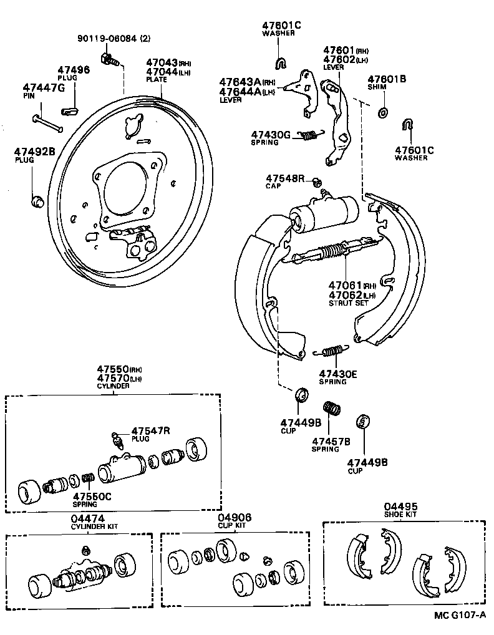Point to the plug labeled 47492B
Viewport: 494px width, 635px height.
(37, 200)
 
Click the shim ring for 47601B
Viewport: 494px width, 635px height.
(382, 113)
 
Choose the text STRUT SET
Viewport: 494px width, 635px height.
(349, 303)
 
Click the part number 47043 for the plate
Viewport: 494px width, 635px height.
(162, 63)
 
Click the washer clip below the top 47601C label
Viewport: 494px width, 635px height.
(281, 63)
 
